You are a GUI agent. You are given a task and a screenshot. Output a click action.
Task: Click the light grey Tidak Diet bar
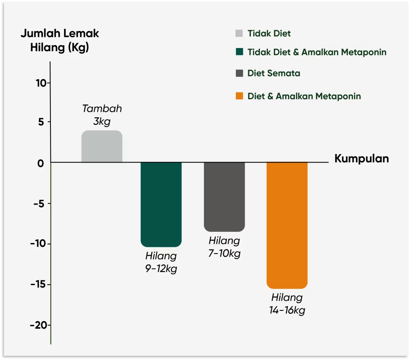click(x=102, y=147)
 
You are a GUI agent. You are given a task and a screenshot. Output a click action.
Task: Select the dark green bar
click(x=161, y=204)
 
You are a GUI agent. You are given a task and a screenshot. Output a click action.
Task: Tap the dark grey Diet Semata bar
click(x=224, y=197)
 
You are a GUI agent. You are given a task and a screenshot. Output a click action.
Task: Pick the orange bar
click(x=287, y=225)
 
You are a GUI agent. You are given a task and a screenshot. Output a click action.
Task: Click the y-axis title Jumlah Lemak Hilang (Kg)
click(x=60, y=40)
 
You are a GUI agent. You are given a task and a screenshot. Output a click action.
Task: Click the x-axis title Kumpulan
click(x=362, y=159)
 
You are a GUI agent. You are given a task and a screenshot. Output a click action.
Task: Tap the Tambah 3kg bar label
click(x=102, y=115)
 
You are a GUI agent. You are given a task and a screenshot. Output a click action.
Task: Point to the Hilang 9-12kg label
click(x=161, y=262)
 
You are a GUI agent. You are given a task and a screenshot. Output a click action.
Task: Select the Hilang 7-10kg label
click(x=224, y=247)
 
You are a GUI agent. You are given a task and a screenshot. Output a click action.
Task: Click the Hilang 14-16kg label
click(x=287, y=304)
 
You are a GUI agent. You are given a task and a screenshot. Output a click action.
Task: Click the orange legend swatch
click(x=239, y=96)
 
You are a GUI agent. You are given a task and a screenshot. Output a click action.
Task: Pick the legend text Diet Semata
click(x=273, y=73)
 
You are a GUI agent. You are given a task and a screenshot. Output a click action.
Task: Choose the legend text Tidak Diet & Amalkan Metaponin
click(x=317, y=52)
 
